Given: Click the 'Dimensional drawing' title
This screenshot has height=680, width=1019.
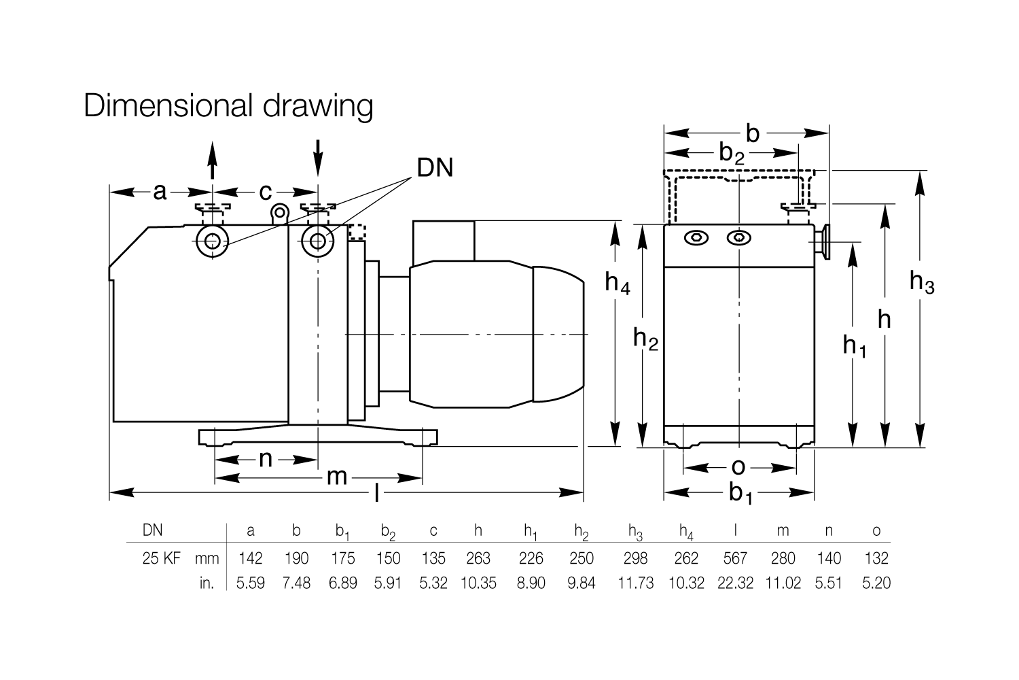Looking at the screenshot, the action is point(228,106).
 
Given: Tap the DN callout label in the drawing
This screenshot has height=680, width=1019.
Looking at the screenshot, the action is point(435,167).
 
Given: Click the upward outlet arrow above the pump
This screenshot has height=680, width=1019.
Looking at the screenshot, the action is point(213,160).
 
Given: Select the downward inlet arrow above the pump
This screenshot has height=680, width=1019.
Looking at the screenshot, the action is point(318,158).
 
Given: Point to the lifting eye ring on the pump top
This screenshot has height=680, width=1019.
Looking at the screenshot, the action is point(280,212).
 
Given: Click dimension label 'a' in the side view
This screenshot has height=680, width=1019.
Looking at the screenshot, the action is point(160,192).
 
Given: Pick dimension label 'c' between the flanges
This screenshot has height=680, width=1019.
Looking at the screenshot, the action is point(265,192).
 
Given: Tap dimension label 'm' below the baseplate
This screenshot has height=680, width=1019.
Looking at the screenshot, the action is point(337,477).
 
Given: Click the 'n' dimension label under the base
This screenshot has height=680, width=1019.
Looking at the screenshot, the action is point(266,459).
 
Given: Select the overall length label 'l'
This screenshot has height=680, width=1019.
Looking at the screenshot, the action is point(376,492).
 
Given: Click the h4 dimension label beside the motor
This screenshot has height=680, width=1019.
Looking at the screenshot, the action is point(618,283).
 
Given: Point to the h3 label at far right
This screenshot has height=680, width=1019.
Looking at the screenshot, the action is point(922,282).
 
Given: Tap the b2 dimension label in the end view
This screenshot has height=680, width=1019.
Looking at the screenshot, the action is point(732,153).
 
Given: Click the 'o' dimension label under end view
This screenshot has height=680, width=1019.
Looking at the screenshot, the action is point(738,467).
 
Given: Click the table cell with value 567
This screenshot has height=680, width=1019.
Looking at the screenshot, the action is point(735,558).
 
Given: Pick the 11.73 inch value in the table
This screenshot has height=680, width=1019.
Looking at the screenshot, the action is point(635,583).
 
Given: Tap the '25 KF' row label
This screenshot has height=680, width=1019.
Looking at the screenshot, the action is point(162,558).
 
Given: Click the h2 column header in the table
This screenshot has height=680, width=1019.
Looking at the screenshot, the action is point(582,532).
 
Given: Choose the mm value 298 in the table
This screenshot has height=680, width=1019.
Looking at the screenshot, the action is point(635,558).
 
